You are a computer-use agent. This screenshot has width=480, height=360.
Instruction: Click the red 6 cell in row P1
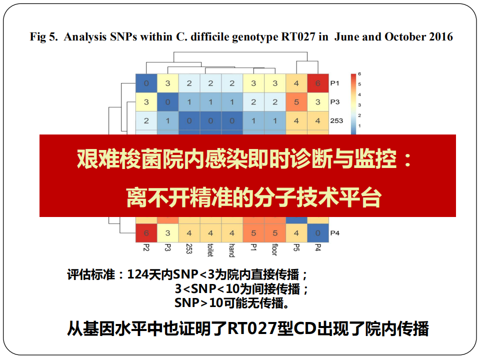[x=318, y=83]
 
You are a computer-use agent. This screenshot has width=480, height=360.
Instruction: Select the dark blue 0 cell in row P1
[x=146, y=83]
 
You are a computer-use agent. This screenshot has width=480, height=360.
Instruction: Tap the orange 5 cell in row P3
[x=296, y=102]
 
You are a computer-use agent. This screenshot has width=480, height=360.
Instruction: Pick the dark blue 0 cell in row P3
[x=168, y=102]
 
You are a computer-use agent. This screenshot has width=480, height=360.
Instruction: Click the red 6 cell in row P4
[x=146, y=233]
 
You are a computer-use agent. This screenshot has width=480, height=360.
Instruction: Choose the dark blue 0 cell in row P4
[x=318, y=233]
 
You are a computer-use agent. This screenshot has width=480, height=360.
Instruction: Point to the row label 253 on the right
[x=336, y=121]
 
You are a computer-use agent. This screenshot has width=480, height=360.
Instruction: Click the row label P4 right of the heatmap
[x=334, y=233]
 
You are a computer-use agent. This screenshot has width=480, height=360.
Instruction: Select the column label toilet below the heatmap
[x=210, y=250]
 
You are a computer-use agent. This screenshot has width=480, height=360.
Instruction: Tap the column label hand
[x=231, y=250]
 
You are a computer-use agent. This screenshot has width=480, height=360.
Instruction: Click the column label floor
[x=274, y=249]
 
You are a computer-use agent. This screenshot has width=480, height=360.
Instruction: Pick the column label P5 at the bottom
[x=296, y=247]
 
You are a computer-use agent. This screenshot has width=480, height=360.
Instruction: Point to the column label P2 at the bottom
[x=146, y=247]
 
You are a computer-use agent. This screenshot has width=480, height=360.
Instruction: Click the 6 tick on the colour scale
[x=359, y=74]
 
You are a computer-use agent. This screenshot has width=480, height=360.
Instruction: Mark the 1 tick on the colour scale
[x=359, y=126]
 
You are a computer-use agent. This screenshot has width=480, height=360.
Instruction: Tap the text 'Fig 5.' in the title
[x=43, y=36]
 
